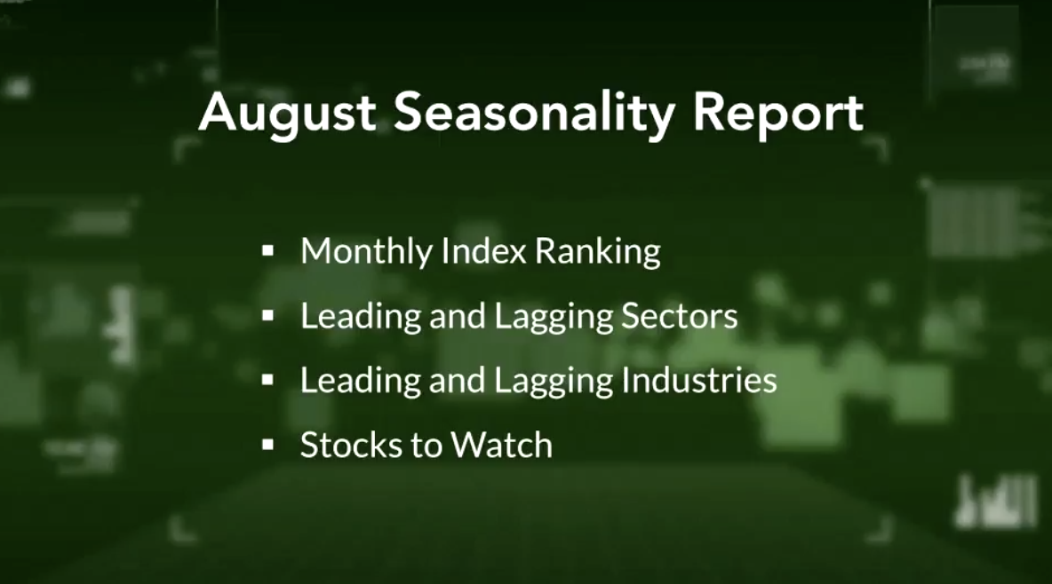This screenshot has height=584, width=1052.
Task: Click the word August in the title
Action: coord(287,114)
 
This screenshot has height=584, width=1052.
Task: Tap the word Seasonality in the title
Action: coord(533,114)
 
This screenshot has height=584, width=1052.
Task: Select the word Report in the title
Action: coord(777,114)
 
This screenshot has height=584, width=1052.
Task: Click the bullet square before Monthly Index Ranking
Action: coord(268,251)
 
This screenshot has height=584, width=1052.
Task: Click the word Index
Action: coord(483,251)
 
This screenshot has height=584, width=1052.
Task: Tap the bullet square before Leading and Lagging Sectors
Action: coord(268,316)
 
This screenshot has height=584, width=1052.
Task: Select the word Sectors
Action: coord(679,316)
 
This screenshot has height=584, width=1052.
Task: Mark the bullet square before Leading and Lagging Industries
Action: coord(268,380)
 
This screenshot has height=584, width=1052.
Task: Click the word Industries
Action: coord(699,380)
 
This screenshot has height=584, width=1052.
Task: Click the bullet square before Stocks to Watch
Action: coord(268,445)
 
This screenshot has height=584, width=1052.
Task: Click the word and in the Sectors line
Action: coord(457,316)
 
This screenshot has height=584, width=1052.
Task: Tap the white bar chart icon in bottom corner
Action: coord(996,501)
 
